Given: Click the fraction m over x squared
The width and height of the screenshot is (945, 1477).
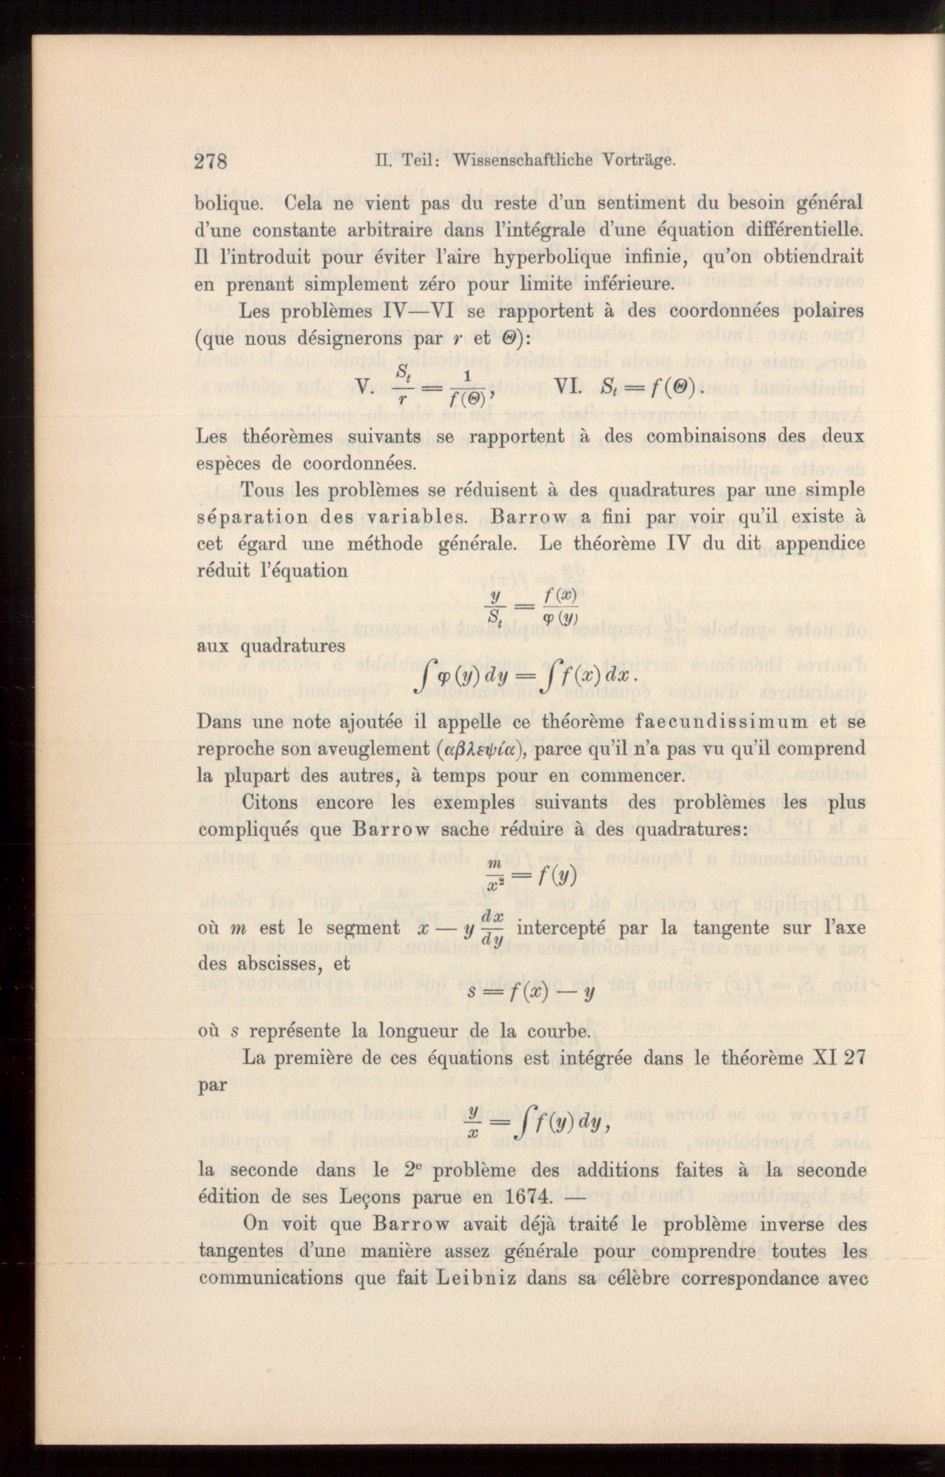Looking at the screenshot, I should pyautogui.click(x=495, y=876).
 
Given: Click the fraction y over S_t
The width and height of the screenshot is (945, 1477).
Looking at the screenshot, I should pyautogui.click(x=494, y=606).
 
